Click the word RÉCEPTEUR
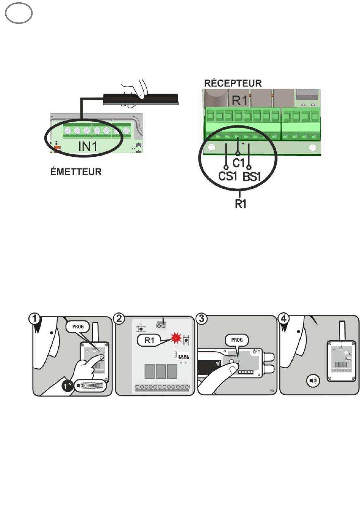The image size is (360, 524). tap(233, 83)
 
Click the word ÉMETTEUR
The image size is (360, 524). tap(76, 172)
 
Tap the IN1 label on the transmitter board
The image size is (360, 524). tap(88, 147)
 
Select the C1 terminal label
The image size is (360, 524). tap(238, 163)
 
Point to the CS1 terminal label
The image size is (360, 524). tap(227, 176)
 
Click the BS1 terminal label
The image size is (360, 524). tap(252, 177)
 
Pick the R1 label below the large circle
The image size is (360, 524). tap(241, 204)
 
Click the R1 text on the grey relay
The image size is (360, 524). tap(239, 100)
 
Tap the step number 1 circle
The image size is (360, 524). tap(34, 319)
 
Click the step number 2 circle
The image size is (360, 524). tap(119, 319)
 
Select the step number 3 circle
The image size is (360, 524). tap(201, 319)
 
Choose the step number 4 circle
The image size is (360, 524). tap(283, 319)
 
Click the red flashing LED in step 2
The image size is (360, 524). tap(176, 338)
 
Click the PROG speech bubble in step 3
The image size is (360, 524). tap(237, 340)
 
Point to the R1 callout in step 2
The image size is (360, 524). tap(149, 340)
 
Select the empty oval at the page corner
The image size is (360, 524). tap(19, 13)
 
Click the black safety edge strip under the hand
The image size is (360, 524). tap(141, 99)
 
